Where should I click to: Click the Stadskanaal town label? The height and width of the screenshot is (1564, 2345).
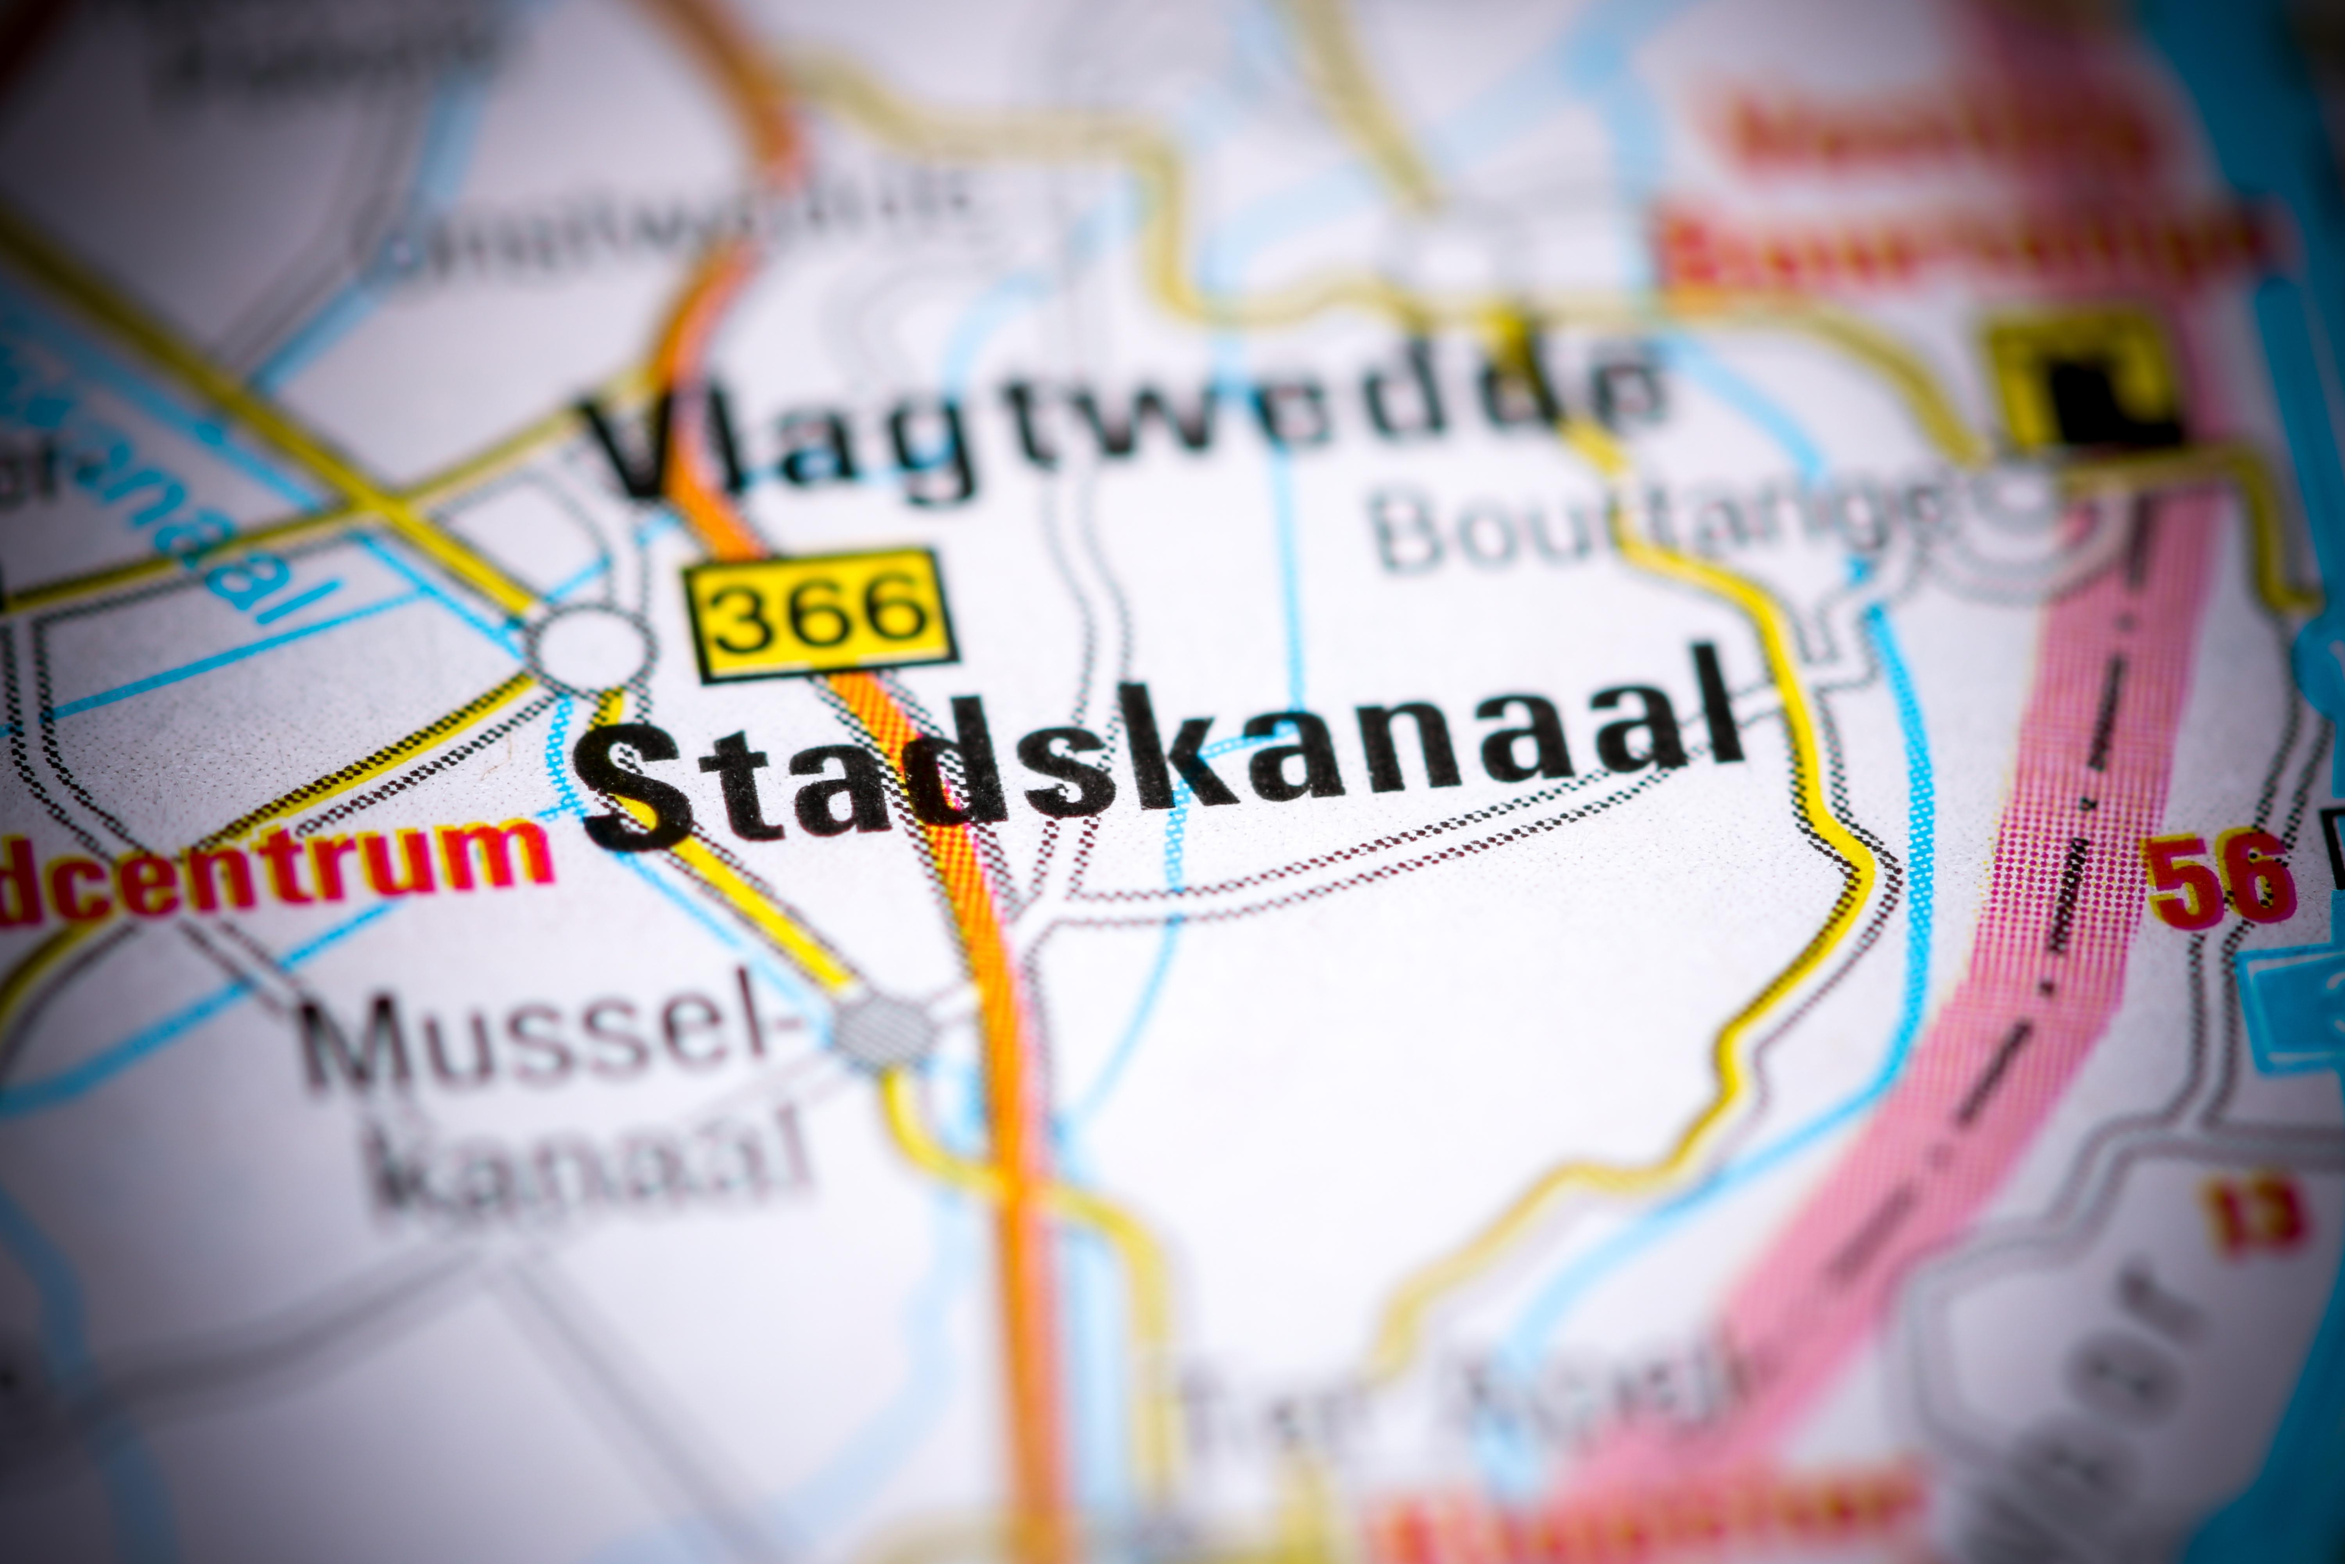coord(1162,758)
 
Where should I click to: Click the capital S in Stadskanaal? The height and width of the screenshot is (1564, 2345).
coord(638,788)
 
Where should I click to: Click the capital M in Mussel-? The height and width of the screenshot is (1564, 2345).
coord(354,1042)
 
